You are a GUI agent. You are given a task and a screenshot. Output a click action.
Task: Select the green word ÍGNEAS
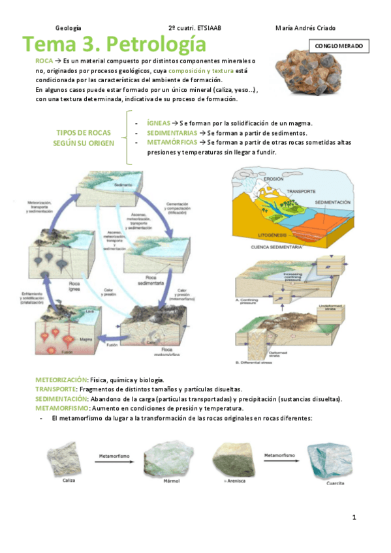point(159,123)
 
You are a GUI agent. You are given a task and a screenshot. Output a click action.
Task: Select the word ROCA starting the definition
point(44,60)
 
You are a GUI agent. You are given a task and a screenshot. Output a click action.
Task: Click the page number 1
point(354,518)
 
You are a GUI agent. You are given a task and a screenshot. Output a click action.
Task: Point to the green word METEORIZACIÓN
point(61,380)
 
